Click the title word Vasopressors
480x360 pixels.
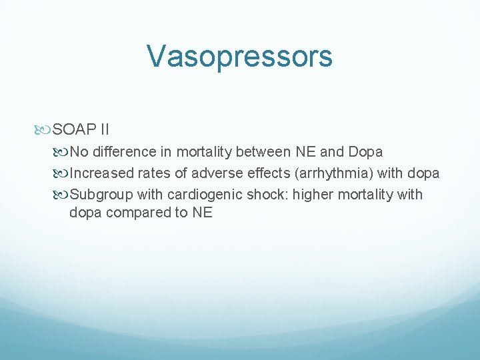click(x=239, y=56)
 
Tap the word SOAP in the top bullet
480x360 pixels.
click(x=75, y=129)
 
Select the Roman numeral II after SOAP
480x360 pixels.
click(x=104, y=129)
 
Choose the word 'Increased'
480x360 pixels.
click(x=101, y=173)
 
